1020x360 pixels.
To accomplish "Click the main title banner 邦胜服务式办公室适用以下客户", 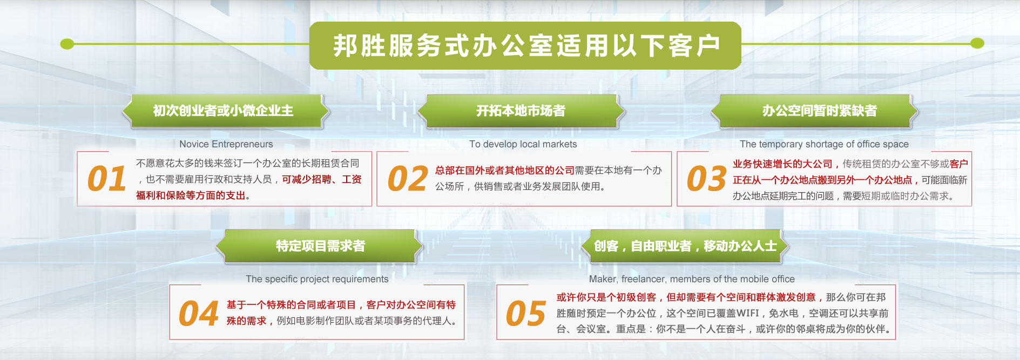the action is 525,45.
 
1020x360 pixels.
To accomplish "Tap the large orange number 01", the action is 107,179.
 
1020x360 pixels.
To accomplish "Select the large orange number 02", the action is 408,179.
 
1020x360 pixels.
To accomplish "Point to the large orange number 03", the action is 706,179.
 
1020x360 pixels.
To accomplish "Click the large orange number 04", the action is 199,314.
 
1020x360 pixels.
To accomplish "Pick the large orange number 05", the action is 526,314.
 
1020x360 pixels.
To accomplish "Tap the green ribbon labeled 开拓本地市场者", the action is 521,111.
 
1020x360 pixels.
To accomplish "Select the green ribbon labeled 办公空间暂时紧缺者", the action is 815,111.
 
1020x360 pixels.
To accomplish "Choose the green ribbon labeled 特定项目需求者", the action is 320,246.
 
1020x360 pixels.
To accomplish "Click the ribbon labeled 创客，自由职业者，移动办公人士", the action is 685,246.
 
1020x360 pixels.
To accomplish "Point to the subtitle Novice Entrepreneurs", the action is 226,144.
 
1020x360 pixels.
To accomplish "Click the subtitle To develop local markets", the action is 523,144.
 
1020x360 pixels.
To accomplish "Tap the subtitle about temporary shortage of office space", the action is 824,144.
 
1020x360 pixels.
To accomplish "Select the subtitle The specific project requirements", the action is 317,279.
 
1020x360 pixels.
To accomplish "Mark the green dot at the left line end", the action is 67,43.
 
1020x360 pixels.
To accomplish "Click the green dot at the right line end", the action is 977,43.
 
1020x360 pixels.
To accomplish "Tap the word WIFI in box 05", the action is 747,313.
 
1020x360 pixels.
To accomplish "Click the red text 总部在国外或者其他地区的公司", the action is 505,171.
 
